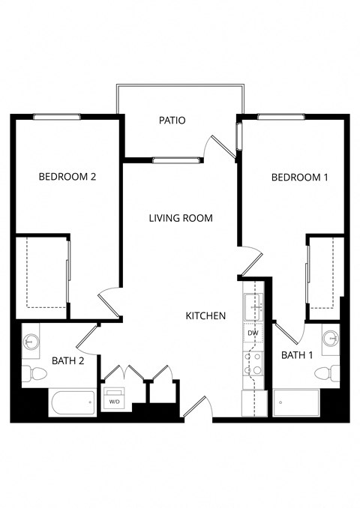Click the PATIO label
tap(172, 120)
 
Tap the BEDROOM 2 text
tap(67, 178)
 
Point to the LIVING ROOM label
tap(180, 218)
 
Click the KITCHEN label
tap(205, 316)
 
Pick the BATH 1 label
tap(297, 355)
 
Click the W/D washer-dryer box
tap(115, 400)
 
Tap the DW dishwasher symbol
tap(253, 333)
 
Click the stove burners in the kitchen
tap(253, 363)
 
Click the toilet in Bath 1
tap(328, 373)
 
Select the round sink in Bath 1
tap(331, 339)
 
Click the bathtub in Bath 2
tap(72, 403)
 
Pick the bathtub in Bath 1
tap(296, 403)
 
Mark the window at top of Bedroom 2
tap(57, 116)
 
